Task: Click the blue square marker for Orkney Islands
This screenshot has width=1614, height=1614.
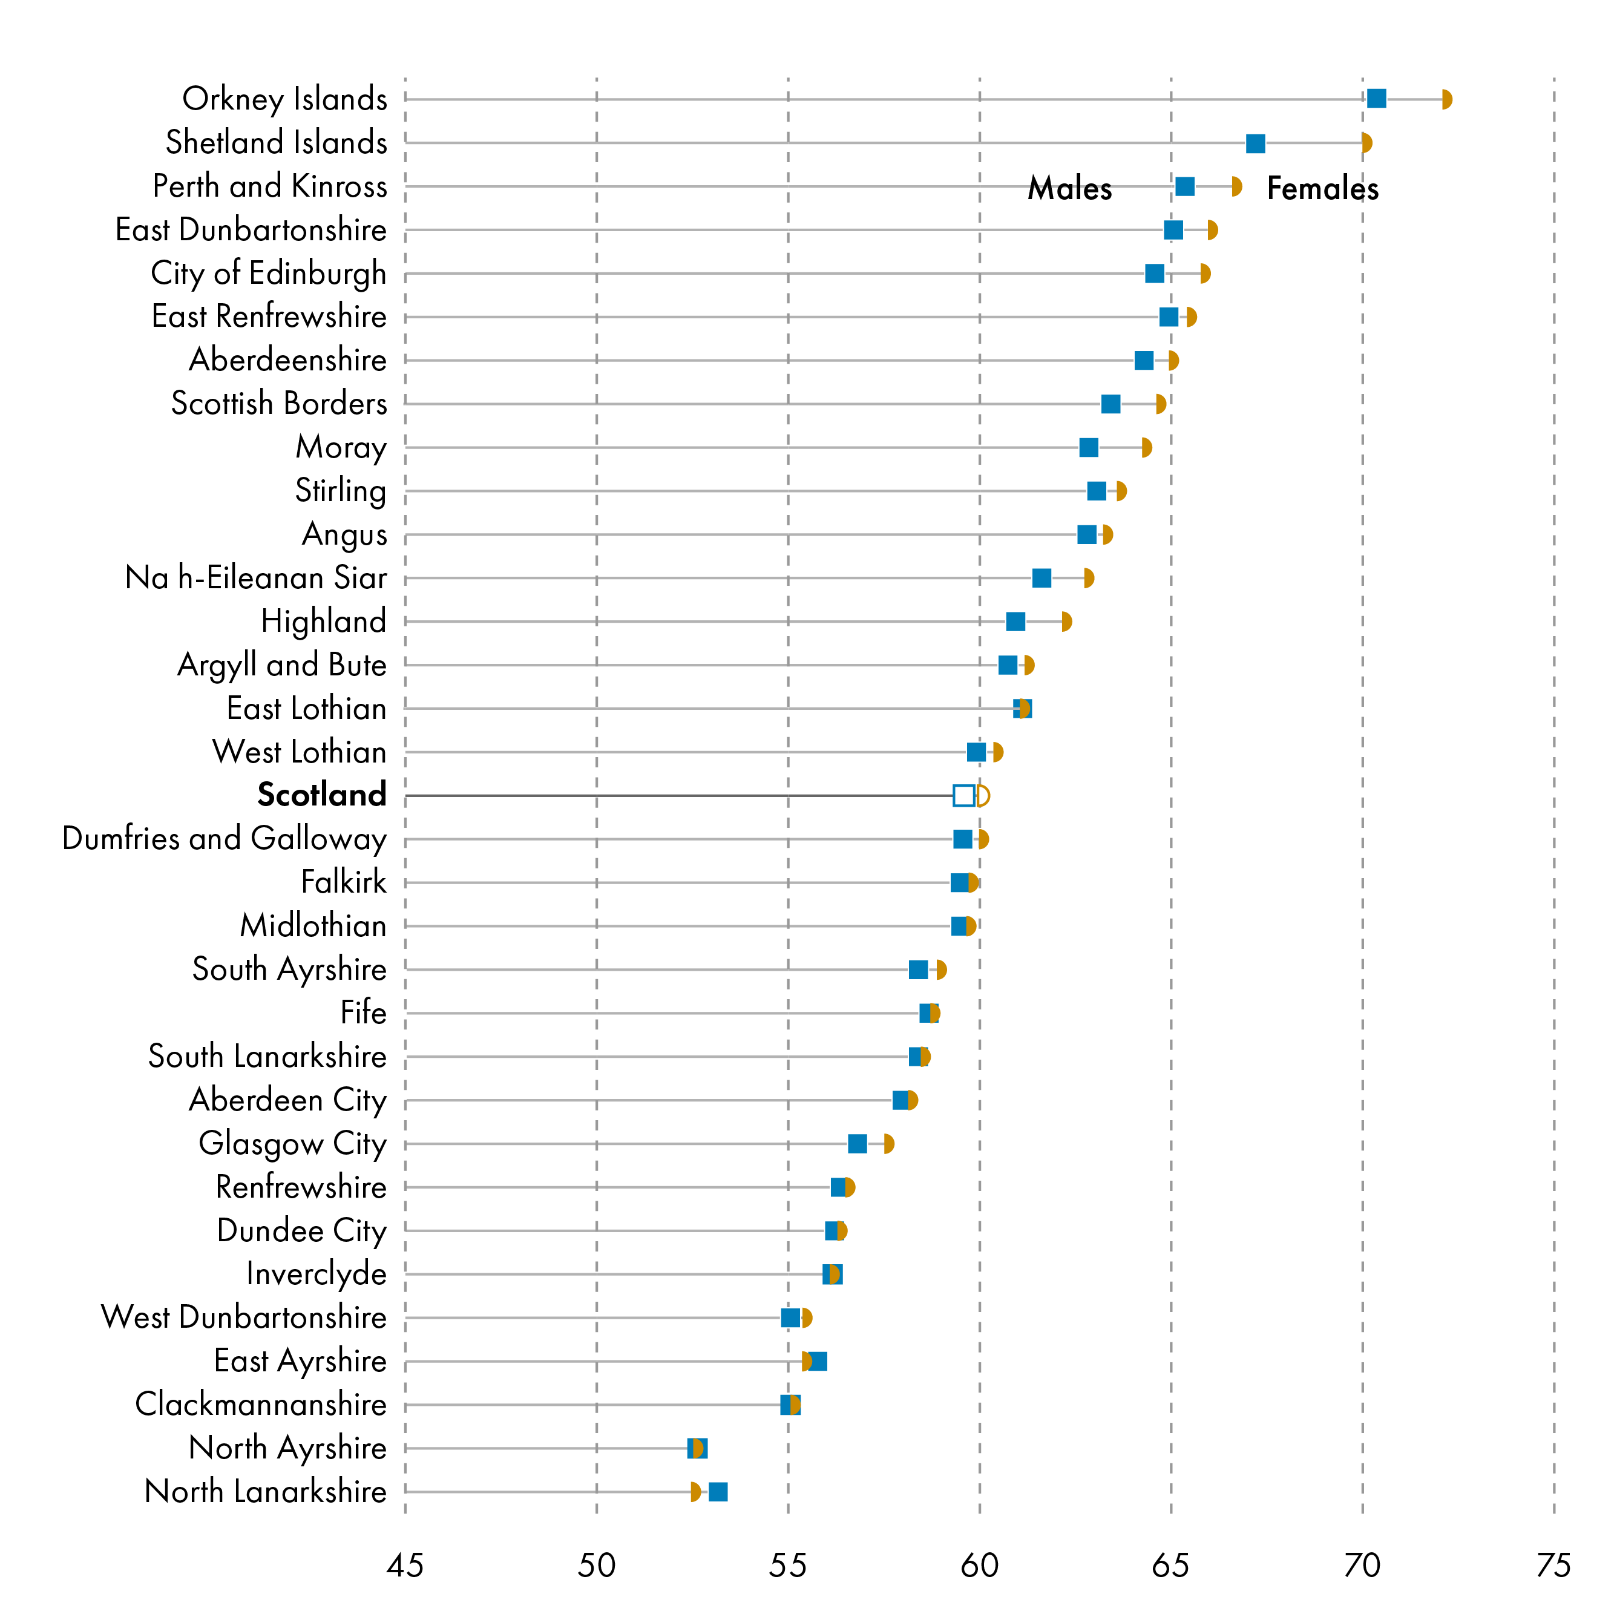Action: pyautogui.click(x=1376, y=99)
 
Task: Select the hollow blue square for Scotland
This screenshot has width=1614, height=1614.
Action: pyautogui.click(x=963, y=795)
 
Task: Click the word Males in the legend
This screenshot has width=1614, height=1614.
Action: pyautogui.click(x=1069, y=189)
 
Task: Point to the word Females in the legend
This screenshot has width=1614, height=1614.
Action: pyautogui.click(x=1322, y=189)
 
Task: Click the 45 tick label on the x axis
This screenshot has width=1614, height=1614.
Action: pyautogui.click(x=405, y=1565)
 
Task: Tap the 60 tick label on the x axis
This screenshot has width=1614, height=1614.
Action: pyautogui.click(x=979, y=1565)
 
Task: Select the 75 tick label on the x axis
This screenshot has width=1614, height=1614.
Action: pyautogui.click(x=1553, y=1565)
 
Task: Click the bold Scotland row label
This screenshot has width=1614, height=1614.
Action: pyautogui.click(x=321, y=795)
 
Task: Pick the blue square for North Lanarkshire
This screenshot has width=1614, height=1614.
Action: pyautogui.click(x=718, y=1492)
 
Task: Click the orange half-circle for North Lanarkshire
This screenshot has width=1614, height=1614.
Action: pyautogui.click(x=695, y=1492)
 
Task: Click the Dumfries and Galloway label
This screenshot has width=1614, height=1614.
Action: pyautogui.click(x=224, y=839)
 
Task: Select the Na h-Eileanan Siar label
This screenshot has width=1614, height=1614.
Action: pyautogui.click(x=255, y=578)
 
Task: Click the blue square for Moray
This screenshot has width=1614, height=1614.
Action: pyautogui.click(x=1089, y=448)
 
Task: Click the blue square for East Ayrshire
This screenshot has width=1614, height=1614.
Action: pyautogui.click(x=818, y=1362)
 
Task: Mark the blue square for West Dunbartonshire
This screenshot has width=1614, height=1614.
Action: pyautogui.click(x=790, y=1318)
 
